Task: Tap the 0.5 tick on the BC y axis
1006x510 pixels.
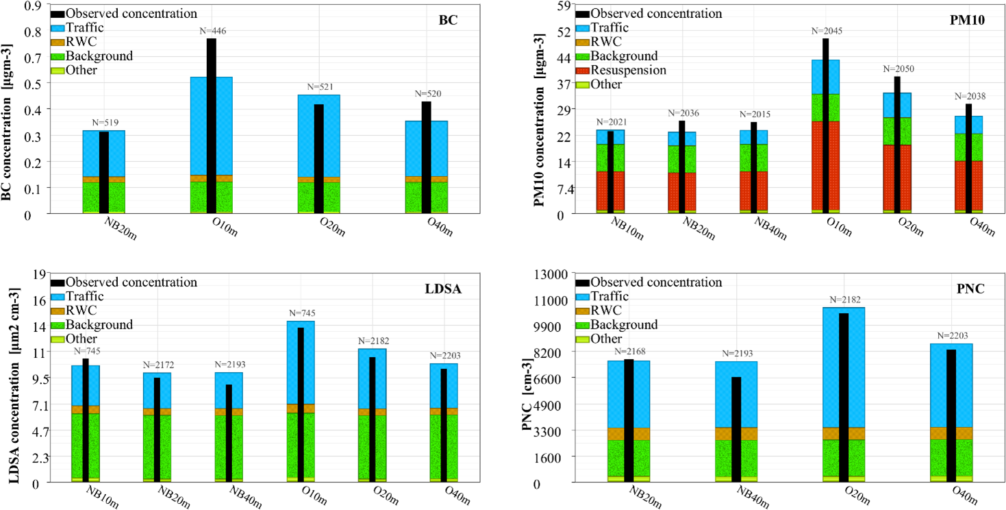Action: point(32,83)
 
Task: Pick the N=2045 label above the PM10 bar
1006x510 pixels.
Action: point(825,31)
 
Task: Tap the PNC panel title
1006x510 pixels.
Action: point(970,289)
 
